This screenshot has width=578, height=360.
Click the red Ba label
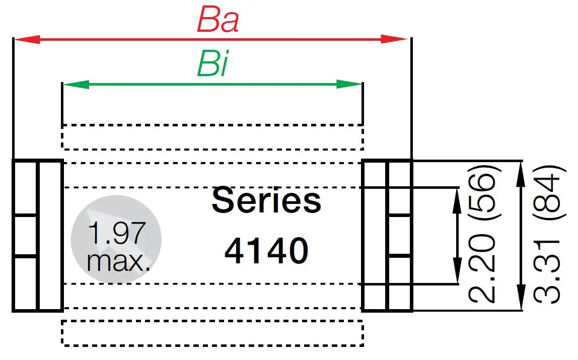[218, 20]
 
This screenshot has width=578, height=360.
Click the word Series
[266, 200]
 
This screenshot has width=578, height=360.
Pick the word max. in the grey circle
[119, 262]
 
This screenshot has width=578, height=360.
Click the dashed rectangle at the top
[212, 136]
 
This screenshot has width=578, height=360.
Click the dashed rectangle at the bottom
[212, 333]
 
